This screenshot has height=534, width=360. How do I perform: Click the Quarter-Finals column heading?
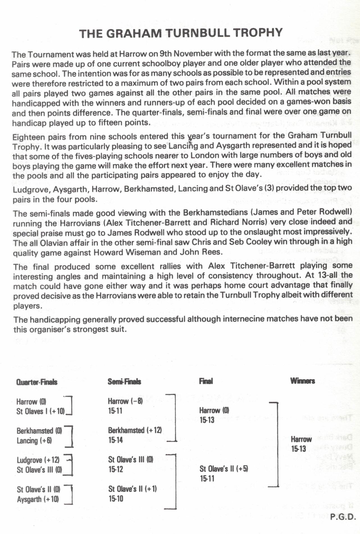pyautogui.click(x=37, y=382)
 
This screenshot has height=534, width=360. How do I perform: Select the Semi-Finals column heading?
pyautogui.click(x=124, y=381)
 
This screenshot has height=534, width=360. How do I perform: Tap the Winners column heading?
pyautogui.click(x=302, y=381)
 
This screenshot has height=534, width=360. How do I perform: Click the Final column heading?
pyautogui.click(x=206, y=381)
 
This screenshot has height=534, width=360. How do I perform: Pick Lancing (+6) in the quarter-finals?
pyautogui.click(x=34, y=440)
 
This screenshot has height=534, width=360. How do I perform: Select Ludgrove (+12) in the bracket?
pyautogui.click(x=38, y=460)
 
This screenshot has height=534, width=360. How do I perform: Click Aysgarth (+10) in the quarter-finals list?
pyautogui.click(x=38, y=499)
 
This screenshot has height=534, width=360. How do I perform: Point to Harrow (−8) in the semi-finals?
pyautogui.click(x=125, y=401)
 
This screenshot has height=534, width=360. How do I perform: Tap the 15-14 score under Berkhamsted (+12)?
pyautogui.click(x=115, y=440)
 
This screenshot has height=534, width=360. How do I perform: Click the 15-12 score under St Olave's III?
pyautogui.click(x=115, y=469)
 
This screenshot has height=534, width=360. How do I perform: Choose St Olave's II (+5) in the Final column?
pyautogui.click(x=224, y=469)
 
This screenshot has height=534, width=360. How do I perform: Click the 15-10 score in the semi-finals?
pyautogui.click(x=115, y=499)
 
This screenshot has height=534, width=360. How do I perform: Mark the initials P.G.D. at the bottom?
pyautogui.click(x=343, y=517)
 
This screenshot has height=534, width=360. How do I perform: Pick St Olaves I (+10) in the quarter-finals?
pyautogui.click(x=40, y=411)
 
